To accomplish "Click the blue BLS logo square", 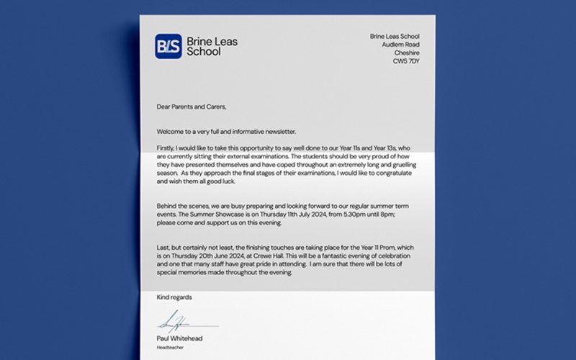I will click(168, 46).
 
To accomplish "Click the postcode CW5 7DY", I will click(405, 62).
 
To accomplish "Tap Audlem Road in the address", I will click(400, 45).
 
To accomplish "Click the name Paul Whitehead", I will click(180, 338).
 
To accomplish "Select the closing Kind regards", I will click(174, 297).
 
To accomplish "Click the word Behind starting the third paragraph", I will click(168, 206).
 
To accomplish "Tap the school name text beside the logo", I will click(211, 47).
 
